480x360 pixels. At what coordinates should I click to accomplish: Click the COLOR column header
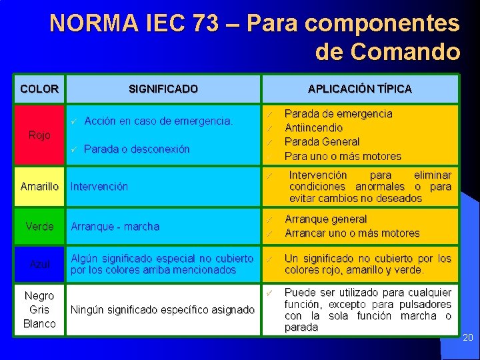coord(39,88)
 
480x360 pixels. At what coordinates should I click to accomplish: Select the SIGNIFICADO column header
coord(163,88)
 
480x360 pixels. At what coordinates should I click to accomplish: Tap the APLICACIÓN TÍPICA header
coord(359,88)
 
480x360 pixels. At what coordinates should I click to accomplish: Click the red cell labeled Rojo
coord(39,135)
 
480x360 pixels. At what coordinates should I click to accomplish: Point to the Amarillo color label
coord(39,187)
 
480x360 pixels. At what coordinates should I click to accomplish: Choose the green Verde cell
coord(39,227)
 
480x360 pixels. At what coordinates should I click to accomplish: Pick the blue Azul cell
coord(39,265)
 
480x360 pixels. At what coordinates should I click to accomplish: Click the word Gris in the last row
coord(39,309)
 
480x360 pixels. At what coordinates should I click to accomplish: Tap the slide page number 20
coord(468,338)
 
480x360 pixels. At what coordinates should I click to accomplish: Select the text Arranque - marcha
coord(115,227)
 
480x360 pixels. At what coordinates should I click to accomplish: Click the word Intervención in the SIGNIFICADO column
coord(99,187)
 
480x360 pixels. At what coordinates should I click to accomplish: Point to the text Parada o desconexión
coord(137,149)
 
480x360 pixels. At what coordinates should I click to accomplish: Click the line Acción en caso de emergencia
coord(158,121)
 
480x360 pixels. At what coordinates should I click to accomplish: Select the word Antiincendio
coord(313,128)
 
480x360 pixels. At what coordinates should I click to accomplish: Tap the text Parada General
coord(322,142)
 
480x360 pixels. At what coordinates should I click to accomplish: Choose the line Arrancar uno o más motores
coord(352,233)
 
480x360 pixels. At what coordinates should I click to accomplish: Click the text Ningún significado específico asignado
coord(163,310)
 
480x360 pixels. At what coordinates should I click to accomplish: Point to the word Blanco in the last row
coord(39,324)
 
